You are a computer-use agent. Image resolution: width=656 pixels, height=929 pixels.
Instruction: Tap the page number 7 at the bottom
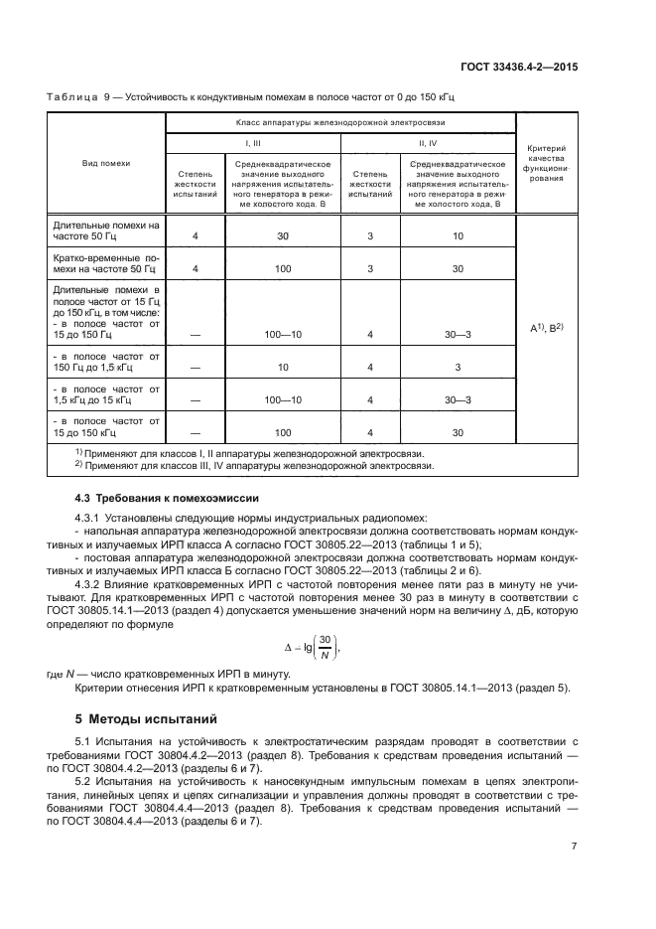pos(574,846)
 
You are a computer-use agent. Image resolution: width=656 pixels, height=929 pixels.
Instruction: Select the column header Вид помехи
pos(105,162)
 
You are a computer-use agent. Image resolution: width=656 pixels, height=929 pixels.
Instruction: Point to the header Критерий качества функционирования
pos(545,163)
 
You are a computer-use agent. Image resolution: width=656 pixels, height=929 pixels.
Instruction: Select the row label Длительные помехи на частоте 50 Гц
pos(105,231)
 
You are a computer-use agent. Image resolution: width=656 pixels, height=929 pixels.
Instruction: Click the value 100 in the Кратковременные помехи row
pos(283,269)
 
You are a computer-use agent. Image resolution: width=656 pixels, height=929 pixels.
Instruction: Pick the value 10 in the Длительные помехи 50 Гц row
pos(458,236)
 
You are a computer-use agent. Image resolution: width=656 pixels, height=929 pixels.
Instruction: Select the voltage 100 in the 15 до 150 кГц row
pos(283,433)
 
